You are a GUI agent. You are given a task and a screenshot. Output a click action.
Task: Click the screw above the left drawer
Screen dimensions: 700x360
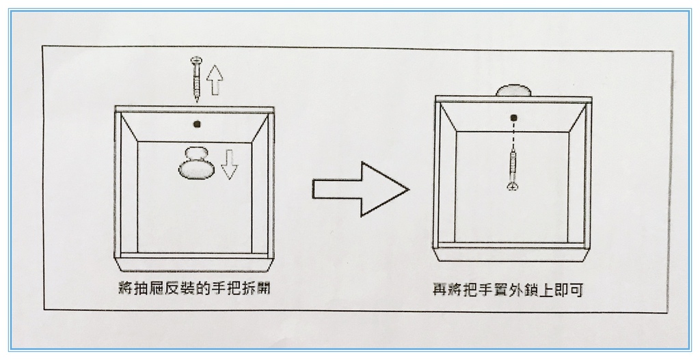tap(196, 79)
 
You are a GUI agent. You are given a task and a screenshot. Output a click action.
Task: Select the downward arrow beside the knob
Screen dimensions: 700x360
tap(230, 164)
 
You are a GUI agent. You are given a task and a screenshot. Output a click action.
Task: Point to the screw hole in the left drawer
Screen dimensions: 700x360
tap(196, 124)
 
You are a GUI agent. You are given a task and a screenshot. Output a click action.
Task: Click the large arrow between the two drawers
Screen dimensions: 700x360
tap(360, 189)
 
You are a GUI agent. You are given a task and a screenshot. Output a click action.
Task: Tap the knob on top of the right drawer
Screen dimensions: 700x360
tap(513, 90)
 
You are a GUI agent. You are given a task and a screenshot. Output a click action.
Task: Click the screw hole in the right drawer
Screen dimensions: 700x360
tap(513, 117)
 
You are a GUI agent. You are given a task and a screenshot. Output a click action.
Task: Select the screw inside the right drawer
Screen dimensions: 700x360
tap(513, 170)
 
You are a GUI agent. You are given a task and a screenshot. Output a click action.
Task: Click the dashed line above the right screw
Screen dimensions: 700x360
tap(513, 136)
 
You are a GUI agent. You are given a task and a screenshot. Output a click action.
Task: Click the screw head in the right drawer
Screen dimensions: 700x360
tap(513, 186)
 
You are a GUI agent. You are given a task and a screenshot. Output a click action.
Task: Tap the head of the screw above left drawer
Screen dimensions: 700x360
tap(196, 60)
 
